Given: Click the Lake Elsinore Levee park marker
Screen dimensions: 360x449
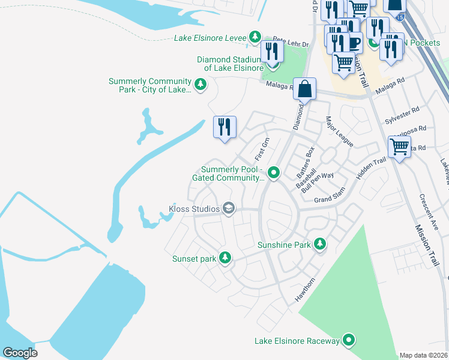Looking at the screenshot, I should click(x=256, y=37).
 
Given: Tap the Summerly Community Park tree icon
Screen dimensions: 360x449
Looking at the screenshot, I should click(x=200, y=86).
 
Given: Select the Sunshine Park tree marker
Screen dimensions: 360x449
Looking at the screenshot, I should click(x=320, y=244).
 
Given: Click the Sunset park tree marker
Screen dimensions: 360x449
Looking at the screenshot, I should click(x=225, y=258).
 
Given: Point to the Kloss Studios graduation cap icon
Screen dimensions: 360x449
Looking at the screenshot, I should click(x=228, y=208).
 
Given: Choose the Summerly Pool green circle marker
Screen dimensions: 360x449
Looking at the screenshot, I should click(x=274, y=173).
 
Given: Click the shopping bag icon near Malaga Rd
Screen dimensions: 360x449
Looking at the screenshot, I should click(x=305, y=89).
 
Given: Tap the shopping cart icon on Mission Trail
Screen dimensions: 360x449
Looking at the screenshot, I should click(x=399, y=146).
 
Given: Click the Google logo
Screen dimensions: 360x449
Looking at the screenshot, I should click(x=20, y=352).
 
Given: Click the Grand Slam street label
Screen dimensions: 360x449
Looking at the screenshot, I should click(x=331, y=196).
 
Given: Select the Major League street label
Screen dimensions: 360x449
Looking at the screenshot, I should click(x=340, y=131).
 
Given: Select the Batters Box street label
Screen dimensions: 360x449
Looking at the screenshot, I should click(x=304, y=160).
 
